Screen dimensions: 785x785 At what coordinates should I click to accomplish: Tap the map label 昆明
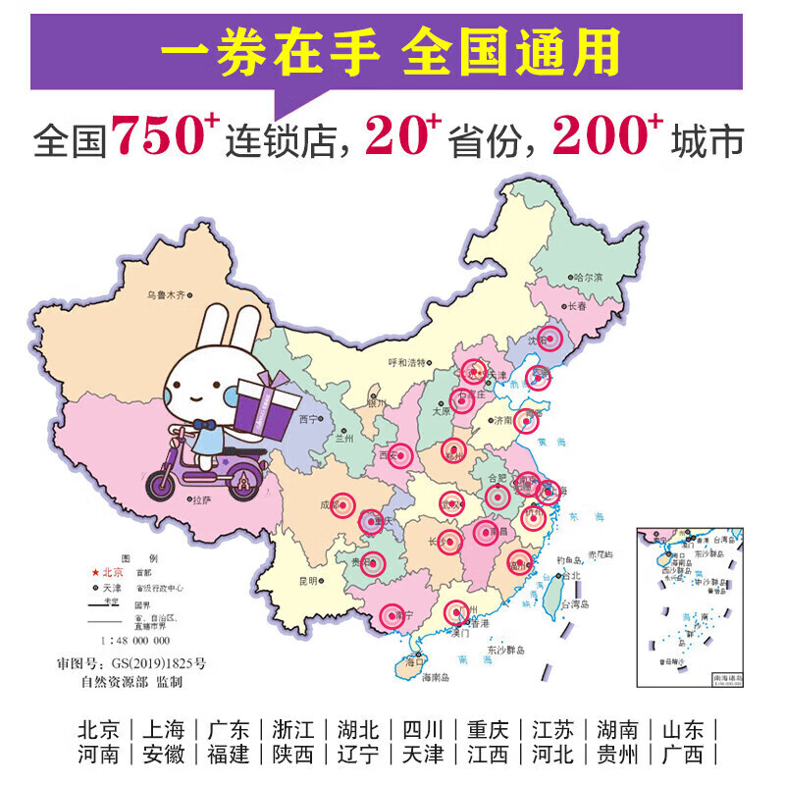click(x=308, y=581)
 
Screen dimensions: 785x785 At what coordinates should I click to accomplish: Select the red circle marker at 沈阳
click(x=550, y=340)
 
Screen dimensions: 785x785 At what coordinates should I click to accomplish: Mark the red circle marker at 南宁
click(x=393, y=615)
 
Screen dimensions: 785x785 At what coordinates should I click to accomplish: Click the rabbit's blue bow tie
click(x=204, y=425)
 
